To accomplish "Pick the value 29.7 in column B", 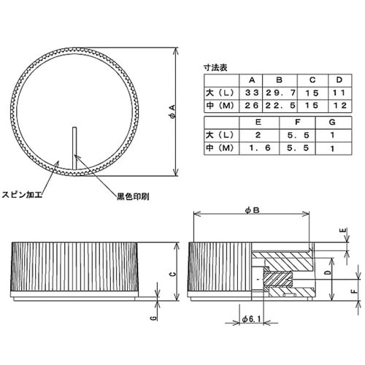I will (280, 93).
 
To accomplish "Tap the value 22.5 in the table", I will (280, 107).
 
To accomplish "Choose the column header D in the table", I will (339, 80).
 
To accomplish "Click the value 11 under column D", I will (339, 93).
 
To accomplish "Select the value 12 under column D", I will (339, 107).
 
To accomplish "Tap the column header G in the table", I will (333, 123).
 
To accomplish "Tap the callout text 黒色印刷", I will (132, 197).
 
